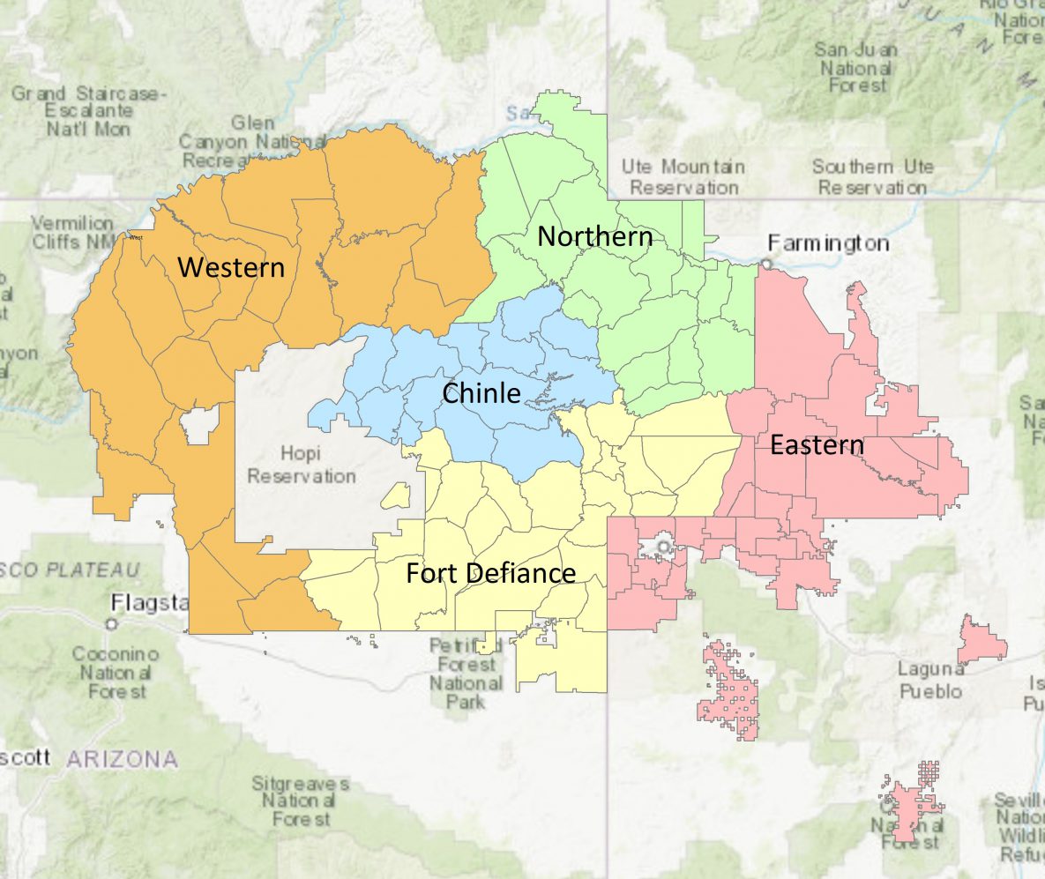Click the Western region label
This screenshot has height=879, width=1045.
tap(231, 267)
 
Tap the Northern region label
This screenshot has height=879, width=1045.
tap(595, 236)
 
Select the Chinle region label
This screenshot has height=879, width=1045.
tap(481, 393)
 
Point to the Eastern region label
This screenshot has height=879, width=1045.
tap(817, 445)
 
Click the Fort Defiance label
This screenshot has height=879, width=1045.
tap(490, 573)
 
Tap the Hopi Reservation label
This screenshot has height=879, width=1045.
tap(301, 465)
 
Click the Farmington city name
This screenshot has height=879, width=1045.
tap(828, 242)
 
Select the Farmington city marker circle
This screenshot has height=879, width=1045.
tap(767, 263)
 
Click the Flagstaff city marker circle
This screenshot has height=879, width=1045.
tap(111, 623)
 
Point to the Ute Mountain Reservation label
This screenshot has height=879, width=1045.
tap(683, 177)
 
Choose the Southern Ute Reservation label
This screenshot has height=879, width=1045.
tap(871, 177)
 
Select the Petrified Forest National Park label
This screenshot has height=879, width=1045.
tap(465, 674)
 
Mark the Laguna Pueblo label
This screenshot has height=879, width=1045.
tap(929, 680)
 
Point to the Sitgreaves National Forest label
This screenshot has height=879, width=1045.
tap(300, 801)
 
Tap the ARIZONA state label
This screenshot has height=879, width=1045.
tap(122, 758)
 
